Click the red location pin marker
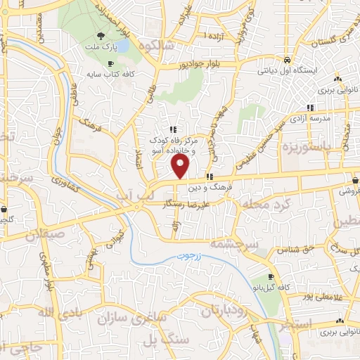pyautogui.click(x=181, y=166)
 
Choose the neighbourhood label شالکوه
pyautogui.click(x=155, y=46)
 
